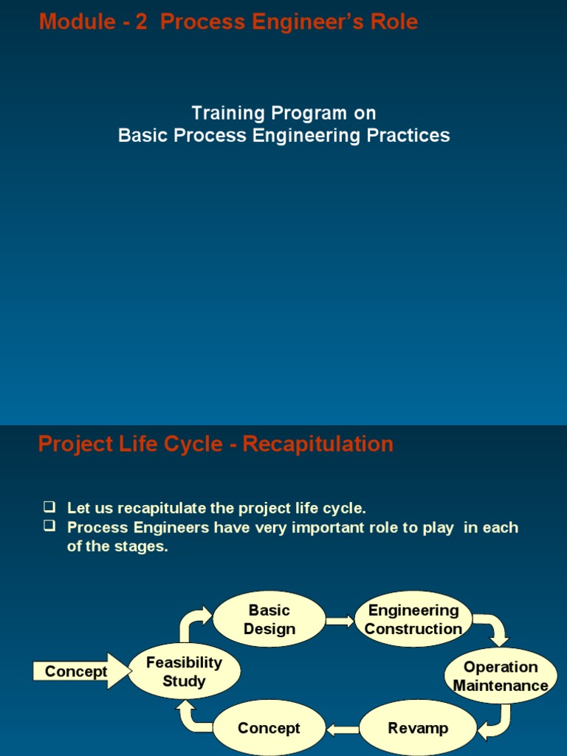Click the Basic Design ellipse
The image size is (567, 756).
(x=269, y=619)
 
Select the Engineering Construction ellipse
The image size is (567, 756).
(x=413, y=619)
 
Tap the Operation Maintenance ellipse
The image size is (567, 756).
(x=501, y=676)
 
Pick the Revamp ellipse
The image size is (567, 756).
(x=418, y=728)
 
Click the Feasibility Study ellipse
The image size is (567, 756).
(x=184, y=672)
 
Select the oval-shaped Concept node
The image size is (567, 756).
(x=269, y=728)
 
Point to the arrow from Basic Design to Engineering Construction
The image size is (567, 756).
(x=340, y=621)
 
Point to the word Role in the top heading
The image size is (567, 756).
(x=395, y=22)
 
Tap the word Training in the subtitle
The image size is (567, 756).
(x=228, y=113)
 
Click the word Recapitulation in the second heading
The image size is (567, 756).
(x=318, y=444)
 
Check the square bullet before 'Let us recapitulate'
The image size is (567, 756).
(x=49, y=507)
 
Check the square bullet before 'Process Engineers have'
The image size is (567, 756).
(x=49, y=527)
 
